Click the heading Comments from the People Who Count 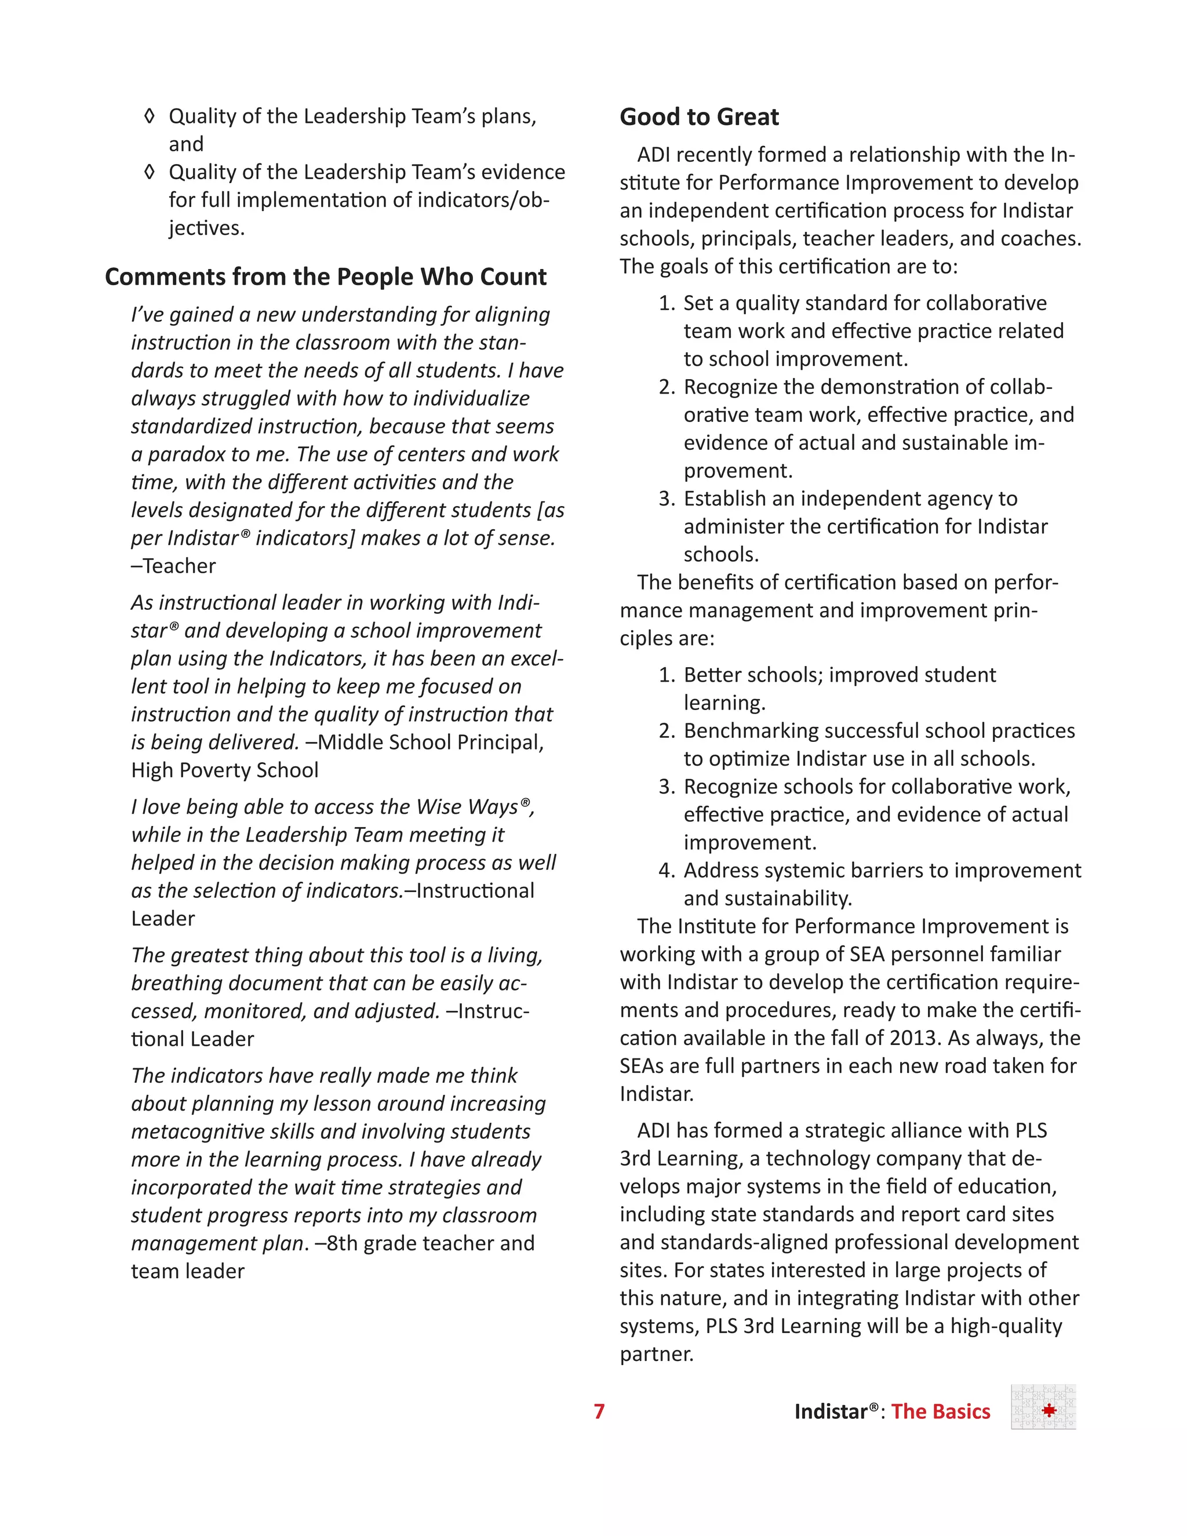[325, 276]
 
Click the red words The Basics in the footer [940, 1411]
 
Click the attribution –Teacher [174, 566]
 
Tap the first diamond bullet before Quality [149, 116]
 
